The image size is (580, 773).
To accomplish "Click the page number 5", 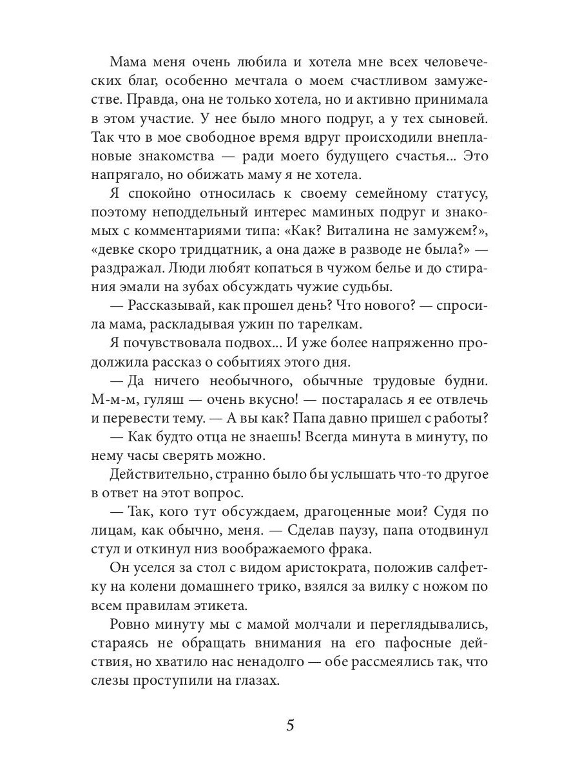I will [290, 726].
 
